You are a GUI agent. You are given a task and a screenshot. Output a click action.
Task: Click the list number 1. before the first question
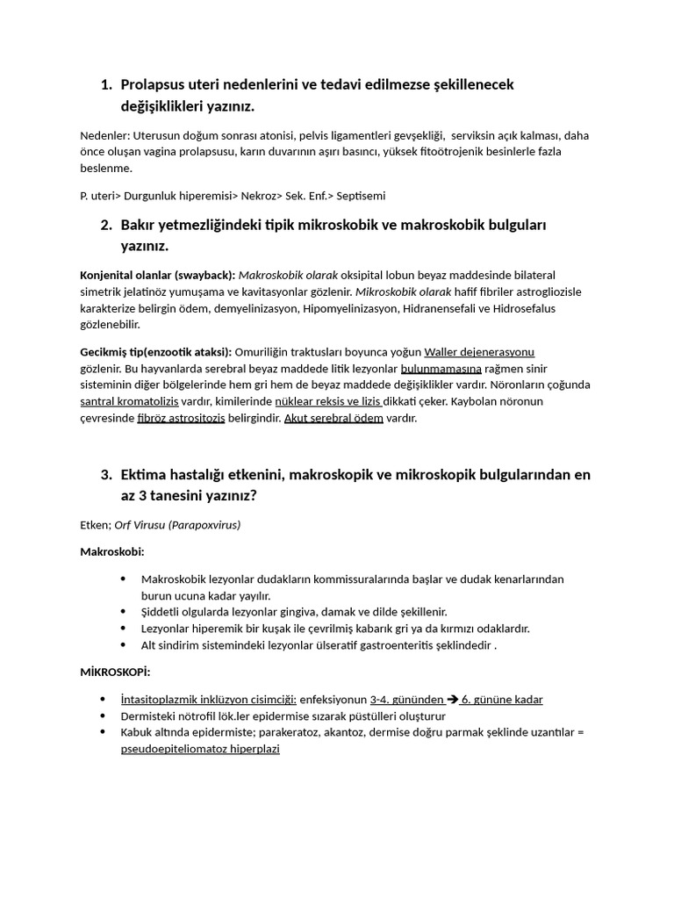(106, 85)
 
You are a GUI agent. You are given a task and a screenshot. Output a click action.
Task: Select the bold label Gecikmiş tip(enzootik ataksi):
(155, 351)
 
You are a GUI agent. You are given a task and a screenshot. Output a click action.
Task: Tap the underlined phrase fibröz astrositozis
(182, 418)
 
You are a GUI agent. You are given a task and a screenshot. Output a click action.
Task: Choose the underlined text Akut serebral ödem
(333, 418)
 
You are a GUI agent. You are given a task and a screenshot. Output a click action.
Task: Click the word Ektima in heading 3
(145, 475)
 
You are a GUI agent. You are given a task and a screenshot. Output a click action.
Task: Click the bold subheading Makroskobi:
(111, 552)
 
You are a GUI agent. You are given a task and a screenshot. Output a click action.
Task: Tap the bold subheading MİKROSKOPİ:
(115, 672)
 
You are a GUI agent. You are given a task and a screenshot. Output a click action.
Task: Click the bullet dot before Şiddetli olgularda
(123, 612)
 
